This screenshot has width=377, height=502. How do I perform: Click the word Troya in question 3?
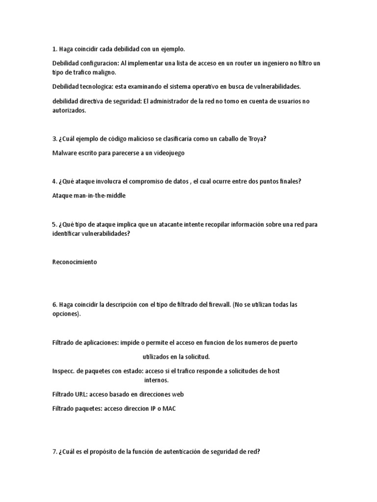pyautogui.click(x=256, y=139)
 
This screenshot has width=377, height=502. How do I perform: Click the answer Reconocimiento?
pyautogui.click(x=75, y=262)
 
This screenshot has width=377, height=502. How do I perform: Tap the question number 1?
pyautogui.click(x=54, y=49)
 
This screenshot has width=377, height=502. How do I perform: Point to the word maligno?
pyautogui.click(x=106, y=72)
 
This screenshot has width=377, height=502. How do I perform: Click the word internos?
pyautogui.click(x=156, y=380)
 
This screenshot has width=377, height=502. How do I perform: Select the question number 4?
pyautogui.click(x=54, y=181)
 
